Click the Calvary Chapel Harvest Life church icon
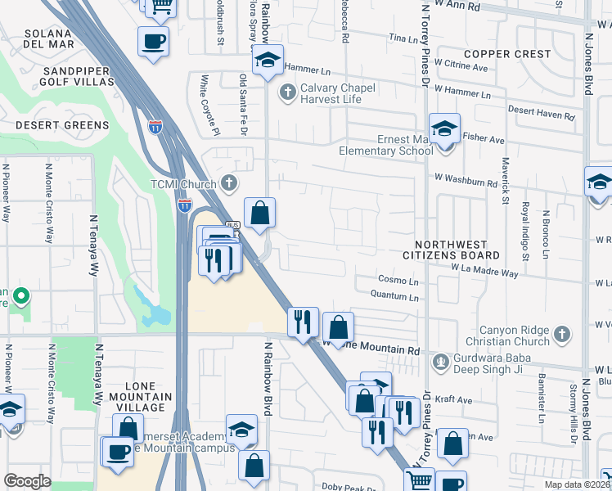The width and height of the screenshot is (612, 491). point(287,92)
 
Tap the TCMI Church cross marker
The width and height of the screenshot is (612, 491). point(231,183)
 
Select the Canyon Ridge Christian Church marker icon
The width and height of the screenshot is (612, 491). point(561,334)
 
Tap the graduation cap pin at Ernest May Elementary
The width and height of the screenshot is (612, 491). point(444,130)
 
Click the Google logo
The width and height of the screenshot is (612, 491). point(27,481)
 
